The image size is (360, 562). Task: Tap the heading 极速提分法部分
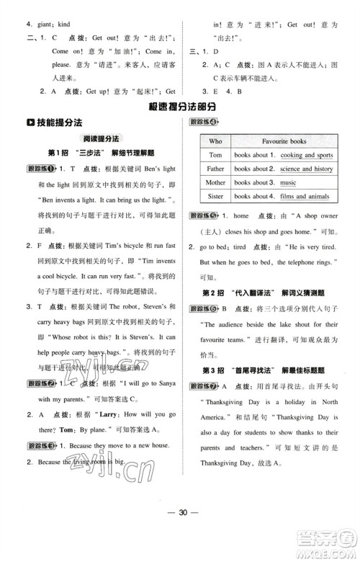(180, 106)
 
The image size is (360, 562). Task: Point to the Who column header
(215, 141)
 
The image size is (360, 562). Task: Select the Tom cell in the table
(215, 155)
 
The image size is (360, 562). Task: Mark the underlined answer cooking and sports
(306, 155)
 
